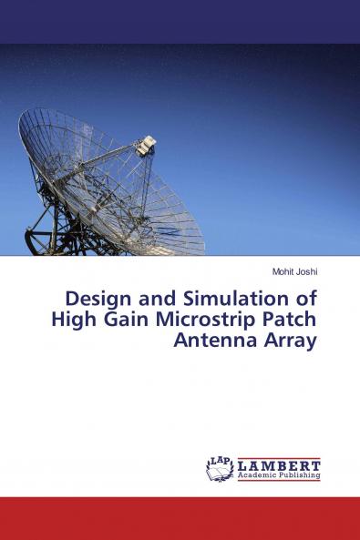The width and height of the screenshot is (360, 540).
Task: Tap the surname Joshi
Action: (x=303, y=271)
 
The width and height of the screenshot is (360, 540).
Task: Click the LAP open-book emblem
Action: (x=221, y=469)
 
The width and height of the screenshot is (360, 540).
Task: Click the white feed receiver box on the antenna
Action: (x=147, y=144)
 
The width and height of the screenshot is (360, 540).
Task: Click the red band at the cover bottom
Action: (x=180, y=518)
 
